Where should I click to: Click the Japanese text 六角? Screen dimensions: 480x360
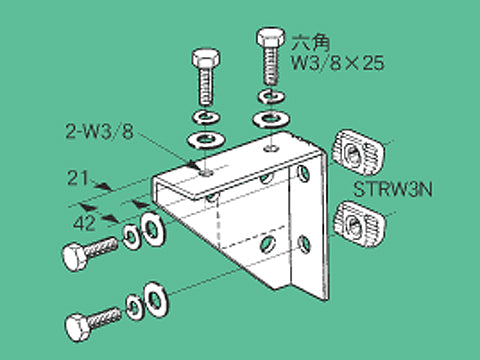[x=311, y=43]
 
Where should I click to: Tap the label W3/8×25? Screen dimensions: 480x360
[x=338, y=63]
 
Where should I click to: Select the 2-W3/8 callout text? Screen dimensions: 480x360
[x=99, y=131]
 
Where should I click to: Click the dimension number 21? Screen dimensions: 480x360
[x=78, y=178]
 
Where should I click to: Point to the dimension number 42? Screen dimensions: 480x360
[x=84, y=223]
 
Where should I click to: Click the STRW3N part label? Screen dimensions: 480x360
[x=393, y=190]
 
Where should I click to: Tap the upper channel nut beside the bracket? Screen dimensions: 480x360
[x=358, y=152]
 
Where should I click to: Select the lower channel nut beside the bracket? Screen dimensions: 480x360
[x=359, y=221]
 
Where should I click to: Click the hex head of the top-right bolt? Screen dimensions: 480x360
[x=271, y=37]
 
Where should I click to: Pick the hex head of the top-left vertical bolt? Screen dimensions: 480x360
[x=206, y=58]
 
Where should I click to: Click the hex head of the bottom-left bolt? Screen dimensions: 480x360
[x=78, y=328]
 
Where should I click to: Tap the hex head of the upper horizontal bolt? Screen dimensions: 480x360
[x=75, y=257]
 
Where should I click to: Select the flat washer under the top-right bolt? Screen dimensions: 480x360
[x=271, y=119]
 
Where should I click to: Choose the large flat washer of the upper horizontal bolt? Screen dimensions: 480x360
[x=153, y=229]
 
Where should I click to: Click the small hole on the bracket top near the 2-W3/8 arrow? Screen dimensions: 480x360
[x=207, y=173]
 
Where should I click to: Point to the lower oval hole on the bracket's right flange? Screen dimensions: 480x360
[x=304, y=244]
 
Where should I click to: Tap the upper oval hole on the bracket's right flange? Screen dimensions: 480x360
[x=304, y=173]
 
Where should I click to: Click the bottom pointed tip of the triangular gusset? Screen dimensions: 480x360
[x=274, y=289]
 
